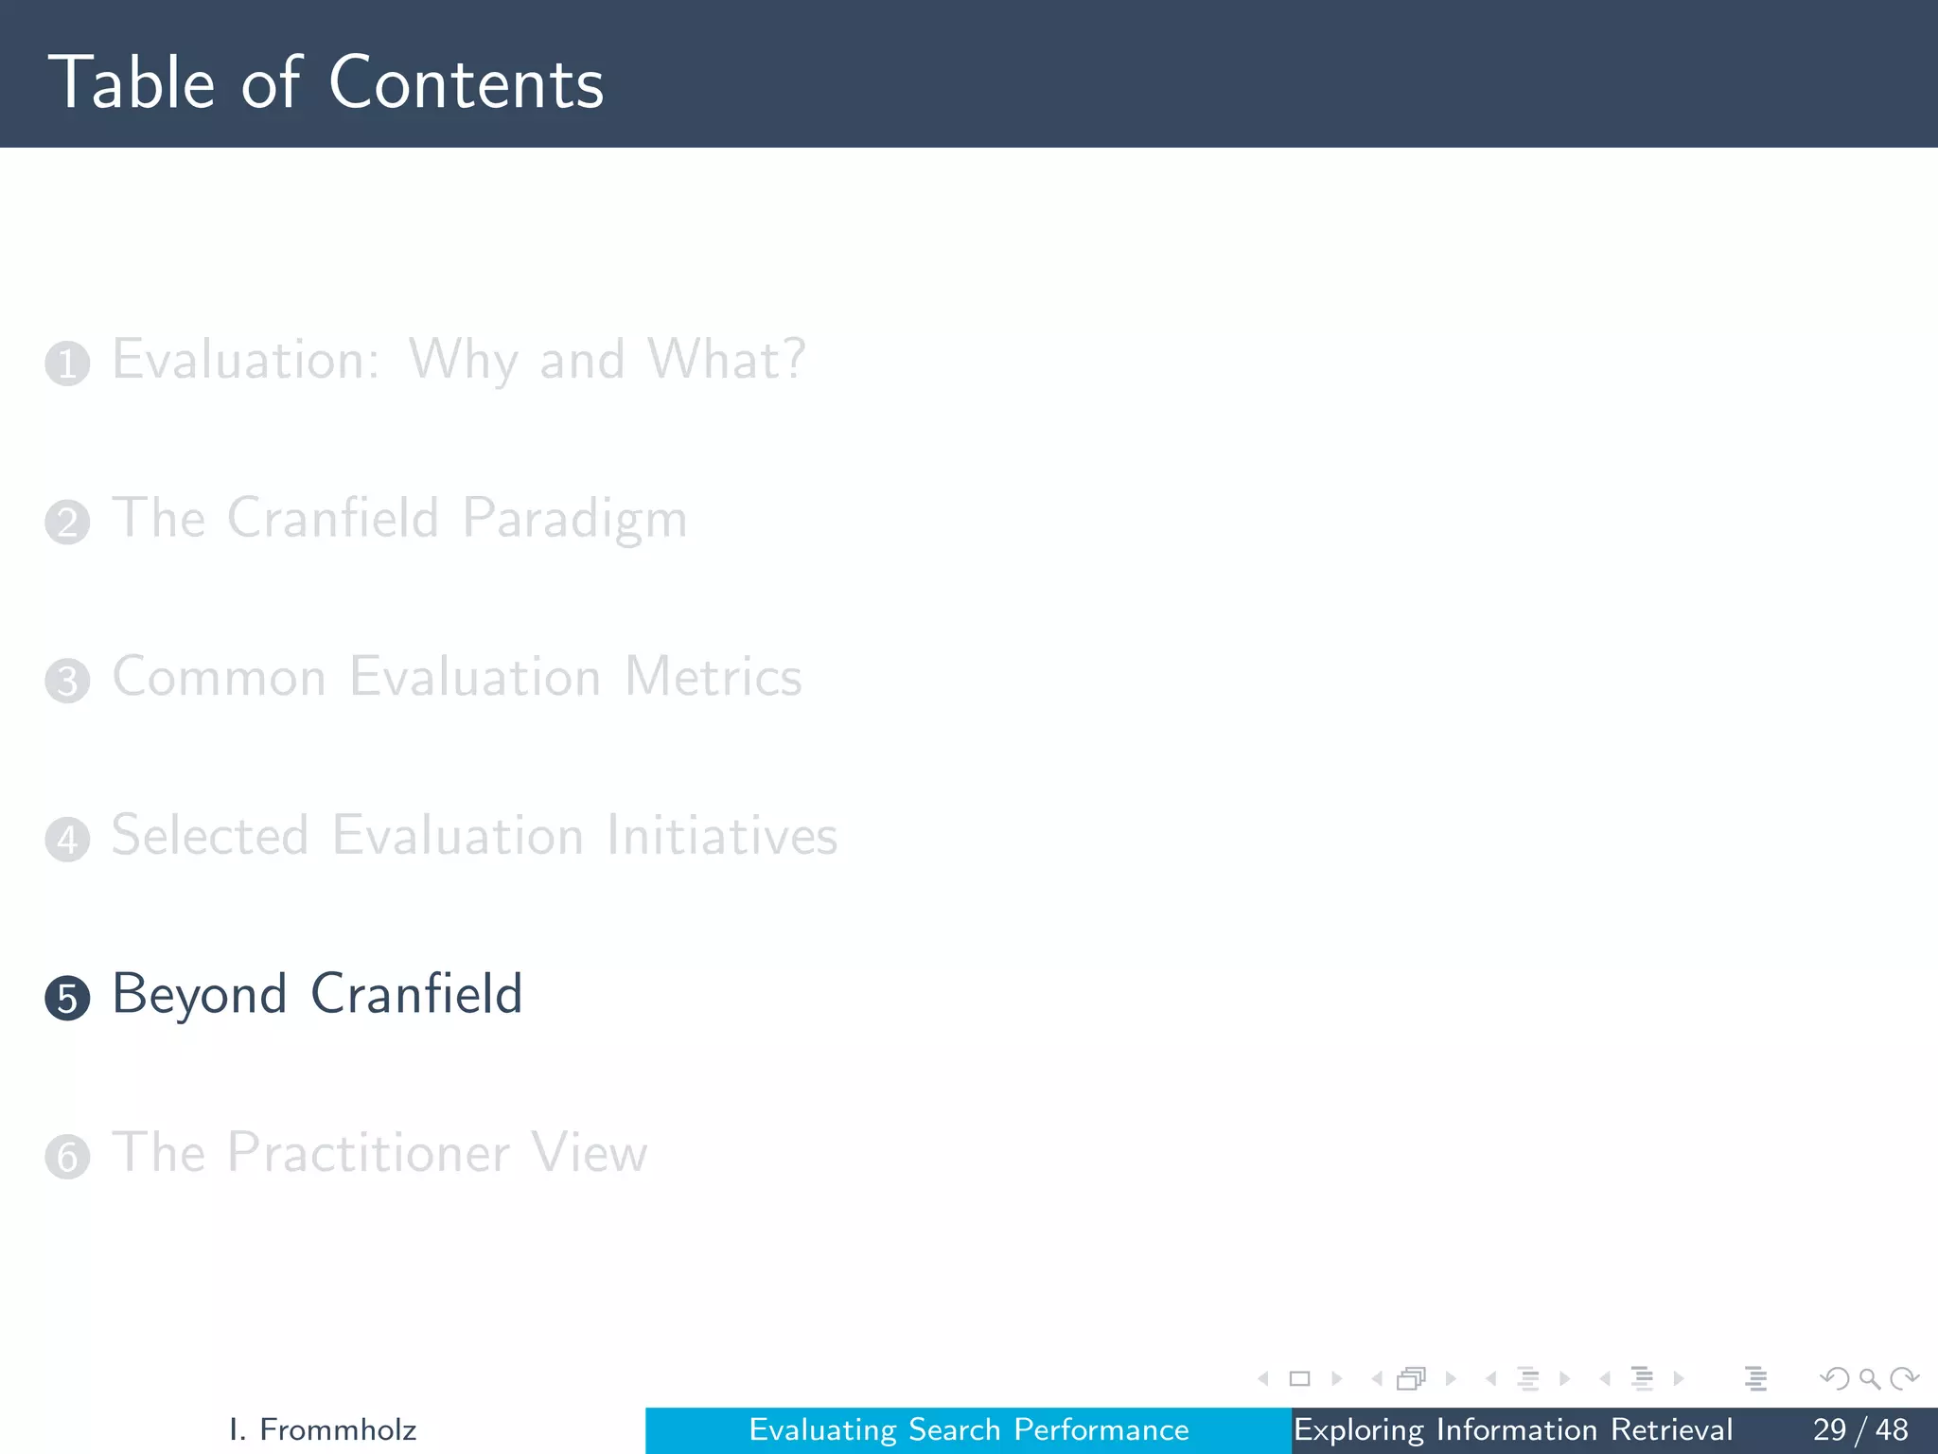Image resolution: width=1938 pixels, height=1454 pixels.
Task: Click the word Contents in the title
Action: [466, 83]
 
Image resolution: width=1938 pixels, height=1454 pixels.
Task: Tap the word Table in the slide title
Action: [132, 83]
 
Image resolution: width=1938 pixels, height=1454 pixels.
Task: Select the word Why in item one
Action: [463, 361]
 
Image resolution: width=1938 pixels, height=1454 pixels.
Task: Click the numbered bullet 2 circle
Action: [67, 523]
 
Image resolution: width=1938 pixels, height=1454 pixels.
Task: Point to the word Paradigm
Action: [574, 520]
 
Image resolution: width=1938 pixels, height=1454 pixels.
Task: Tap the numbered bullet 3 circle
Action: [67, 682]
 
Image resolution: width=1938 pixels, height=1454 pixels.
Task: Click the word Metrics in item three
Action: [713, 678]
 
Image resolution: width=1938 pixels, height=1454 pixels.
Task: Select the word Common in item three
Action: [220, 678]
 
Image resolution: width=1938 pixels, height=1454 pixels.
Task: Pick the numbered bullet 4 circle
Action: [67, 840]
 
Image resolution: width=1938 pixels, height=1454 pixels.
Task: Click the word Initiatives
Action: [721, 836]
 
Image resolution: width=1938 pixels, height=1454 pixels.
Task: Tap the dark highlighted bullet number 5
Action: [67, 999]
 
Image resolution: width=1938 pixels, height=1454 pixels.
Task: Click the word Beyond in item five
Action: [200, 995]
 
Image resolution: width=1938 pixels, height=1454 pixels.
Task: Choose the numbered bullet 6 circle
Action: [67, 1157]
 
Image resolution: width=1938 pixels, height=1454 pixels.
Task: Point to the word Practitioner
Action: [368, 1153]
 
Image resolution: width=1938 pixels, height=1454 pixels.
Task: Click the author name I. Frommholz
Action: [323, 1429]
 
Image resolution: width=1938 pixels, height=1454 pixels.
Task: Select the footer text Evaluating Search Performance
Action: [968, 1429]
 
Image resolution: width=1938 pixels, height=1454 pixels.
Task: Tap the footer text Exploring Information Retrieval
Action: [1512, 1429]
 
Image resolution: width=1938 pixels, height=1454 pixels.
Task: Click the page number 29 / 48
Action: [1859, 1429]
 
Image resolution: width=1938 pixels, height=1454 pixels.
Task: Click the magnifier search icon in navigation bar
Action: [1869, 1378]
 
